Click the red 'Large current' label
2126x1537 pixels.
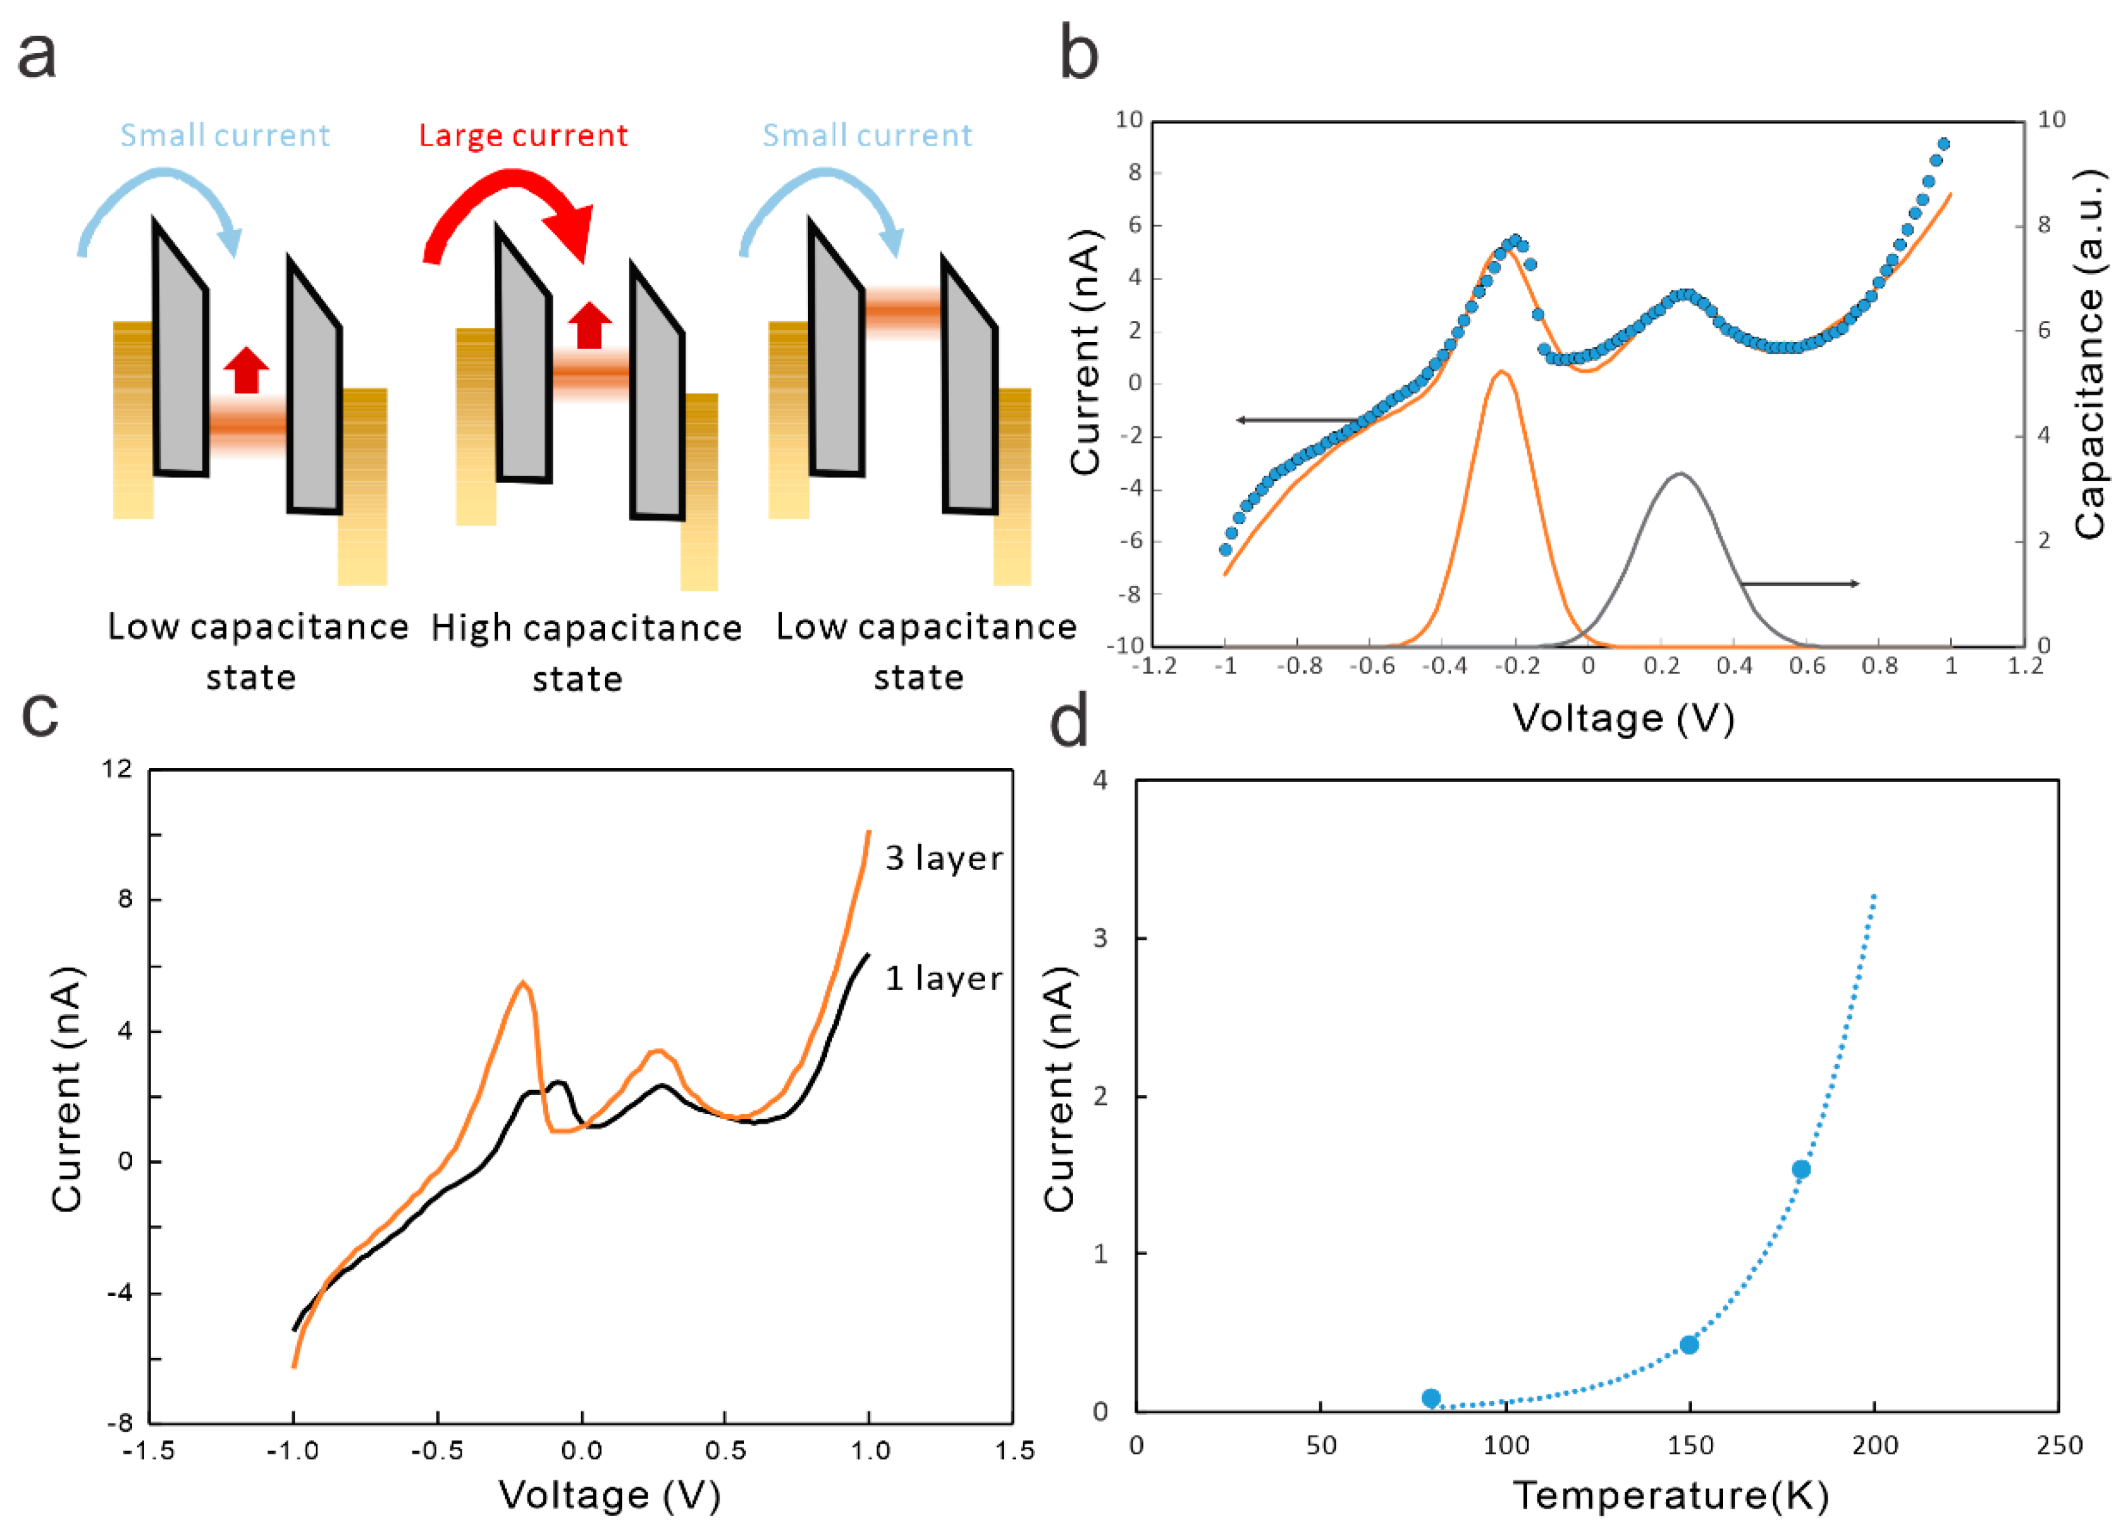pyautogui.click(x=523, y=136)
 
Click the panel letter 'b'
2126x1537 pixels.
pyautogui.click(x=1078, y=54)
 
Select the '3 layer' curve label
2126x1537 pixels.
pyautogui.click(x=943, y=858)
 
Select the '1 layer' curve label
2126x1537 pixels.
pyautogui.click(x=943, y=978)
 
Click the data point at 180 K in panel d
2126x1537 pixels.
pyautogui.click(x=1801, y=1169)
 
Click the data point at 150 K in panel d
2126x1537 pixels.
pyautogui.click(x=1689, y=1345)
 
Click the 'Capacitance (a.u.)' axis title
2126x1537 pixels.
pyautogui.click(x=2091, y=354)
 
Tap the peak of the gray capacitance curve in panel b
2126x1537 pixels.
pyautogui.click(x=1680, y=474)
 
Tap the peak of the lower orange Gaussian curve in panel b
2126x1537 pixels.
pyautogui.click(x=1502, y=372)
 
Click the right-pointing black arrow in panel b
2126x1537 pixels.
pyautogui.click(x=1800, y=584)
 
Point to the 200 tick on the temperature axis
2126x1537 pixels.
pyautogui.click(x=1875, y=1445)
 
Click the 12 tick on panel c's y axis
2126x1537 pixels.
pyautogui.click(x=118, y=769)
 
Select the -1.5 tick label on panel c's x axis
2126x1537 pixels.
pyautogui.click(x=149, y=1451)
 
